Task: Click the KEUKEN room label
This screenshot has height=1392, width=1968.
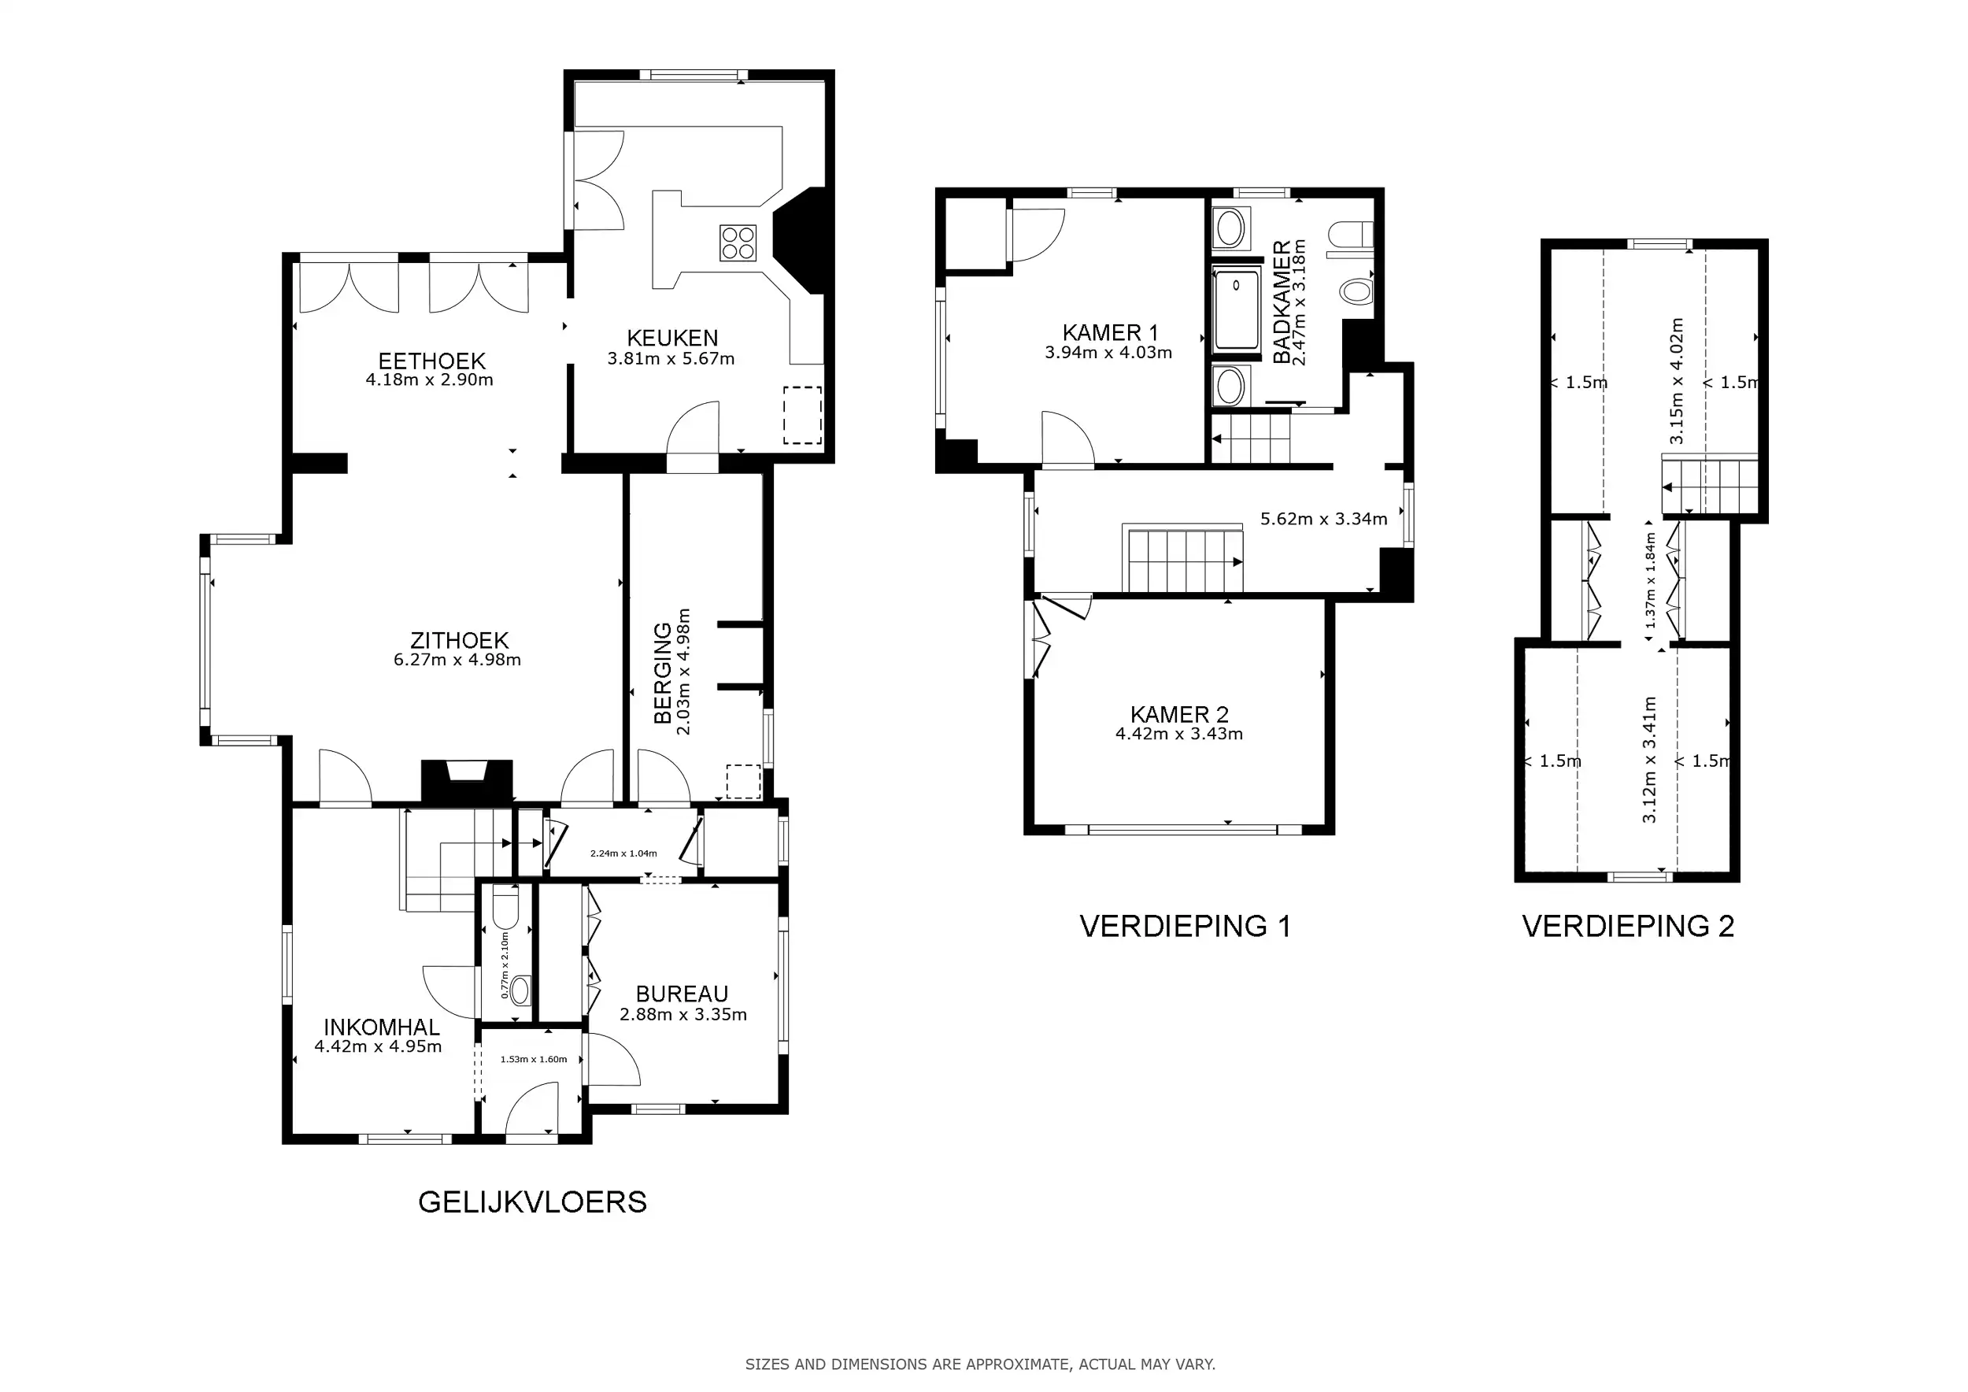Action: (672, 338)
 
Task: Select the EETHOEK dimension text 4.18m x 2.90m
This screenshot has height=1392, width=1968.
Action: (430, 379)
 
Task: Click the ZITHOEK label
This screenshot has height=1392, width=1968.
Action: (460, 640)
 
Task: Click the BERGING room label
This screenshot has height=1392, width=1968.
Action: (663, 674)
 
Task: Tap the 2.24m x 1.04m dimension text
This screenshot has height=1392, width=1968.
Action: (623, 853)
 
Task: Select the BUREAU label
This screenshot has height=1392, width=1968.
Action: (683, 994)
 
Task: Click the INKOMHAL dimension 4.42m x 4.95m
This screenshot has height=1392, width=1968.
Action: (378, 1046)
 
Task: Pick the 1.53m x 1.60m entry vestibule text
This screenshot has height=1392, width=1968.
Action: (533, 1060)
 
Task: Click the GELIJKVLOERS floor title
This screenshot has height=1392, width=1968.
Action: (532, 1202)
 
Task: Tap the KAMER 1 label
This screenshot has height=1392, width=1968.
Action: (1110, 332)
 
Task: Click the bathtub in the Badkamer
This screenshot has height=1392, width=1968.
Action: (1237, 309)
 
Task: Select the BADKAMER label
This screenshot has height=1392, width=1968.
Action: (1282, 302)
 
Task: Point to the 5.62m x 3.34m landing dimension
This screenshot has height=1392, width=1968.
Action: (1323, 519)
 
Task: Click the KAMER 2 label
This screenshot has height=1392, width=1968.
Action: (1179, 714)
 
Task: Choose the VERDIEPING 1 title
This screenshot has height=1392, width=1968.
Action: (1185, 927)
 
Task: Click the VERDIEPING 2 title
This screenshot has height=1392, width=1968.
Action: (1628, 927)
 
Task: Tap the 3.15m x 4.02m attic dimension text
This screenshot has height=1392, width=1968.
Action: (1677, 380)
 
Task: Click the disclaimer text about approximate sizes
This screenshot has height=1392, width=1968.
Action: (980, 1364)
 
